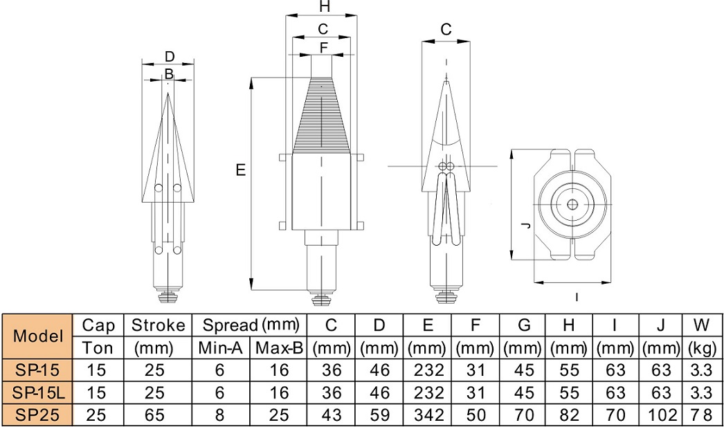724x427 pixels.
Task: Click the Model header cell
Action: click(39, 336)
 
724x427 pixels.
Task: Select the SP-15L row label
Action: click(39, 393)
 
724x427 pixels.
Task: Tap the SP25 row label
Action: click(39, 416)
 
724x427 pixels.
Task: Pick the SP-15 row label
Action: click(39, 370)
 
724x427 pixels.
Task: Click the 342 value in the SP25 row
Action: click(428, 416)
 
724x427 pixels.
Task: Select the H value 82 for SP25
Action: click(569, 416)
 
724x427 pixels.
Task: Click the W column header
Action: click(701, 325)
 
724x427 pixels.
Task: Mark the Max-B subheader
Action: click(278, 347)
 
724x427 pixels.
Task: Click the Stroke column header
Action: click(158, 325)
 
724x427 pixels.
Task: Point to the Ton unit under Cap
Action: click(98, 347)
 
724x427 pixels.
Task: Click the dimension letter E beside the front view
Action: click(240, 170)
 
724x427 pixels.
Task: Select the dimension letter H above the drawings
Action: click(324, 8)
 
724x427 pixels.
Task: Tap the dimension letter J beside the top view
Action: click(525, 226)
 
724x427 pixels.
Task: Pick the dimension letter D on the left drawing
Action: click(169, 57)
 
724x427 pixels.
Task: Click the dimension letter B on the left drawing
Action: click(169, 74)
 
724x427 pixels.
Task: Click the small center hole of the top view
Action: click(572, 204)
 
